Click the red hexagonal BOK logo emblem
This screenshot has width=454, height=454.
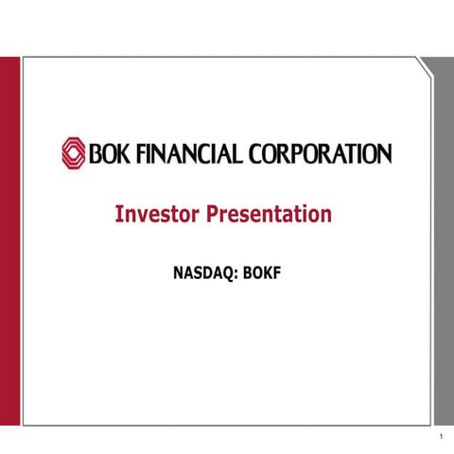tap(74, 152)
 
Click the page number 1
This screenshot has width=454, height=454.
tap(442, 437)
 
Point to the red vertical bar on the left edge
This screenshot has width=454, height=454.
tap(9, 236)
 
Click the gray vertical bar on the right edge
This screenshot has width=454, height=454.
tap(443, 236)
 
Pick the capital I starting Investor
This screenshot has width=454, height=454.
tap(118, 215)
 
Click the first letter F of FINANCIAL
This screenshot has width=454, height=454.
tap(135, 153)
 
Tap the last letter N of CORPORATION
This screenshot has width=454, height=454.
tap(381, 153)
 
